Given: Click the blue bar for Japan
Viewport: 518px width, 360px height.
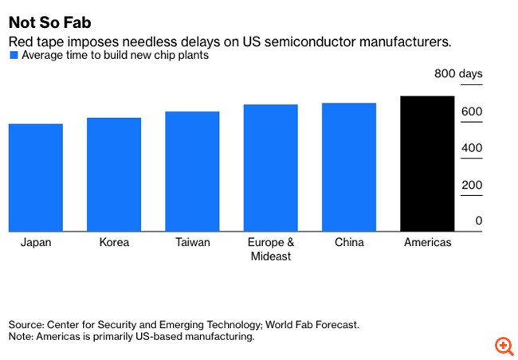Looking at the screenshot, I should [36, 178].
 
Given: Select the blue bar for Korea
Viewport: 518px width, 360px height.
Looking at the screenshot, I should [114, 174].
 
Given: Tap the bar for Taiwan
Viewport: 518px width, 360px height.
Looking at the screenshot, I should [192, 171].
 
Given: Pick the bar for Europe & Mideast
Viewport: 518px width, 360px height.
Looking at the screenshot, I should [270, 168].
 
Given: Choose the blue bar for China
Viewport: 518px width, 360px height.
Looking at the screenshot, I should [349, 167].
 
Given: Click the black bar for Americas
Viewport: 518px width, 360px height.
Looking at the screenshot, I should [427, 164].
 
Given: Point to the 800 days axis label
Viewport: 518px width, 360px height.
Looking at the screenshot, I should [458, 75].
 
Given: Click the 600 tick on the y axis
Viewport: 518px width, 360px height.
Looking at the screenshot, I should [471, 112].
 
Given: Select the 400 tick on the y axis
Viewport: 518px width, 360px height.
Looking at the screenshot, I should [471, 148].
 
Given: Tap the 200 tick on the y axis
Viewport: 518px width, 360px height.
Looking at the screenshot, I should [471, 185].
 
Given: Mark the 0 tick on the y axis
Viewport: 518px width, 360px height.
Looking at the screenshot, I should [478, 221].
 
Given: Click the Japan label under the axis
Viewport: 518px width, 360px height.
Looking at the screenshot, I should [36, 242].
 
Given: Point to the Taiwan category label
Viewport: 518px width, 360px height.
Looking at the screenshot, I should [192, 242].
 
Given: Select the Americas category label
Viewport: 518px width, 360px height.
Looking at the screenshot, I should [427, 242].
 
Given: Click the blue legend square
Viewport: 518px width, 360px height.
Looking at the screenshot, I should [13, 56].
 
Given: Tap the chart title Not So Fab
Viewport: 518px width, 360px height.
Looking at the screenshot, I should [49, 23].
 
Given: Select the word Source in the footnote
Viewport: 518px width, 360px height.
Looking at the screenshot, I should [26, 325].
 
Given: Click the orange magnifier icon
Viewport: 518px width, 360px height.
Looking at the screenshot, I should [504, 346].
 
